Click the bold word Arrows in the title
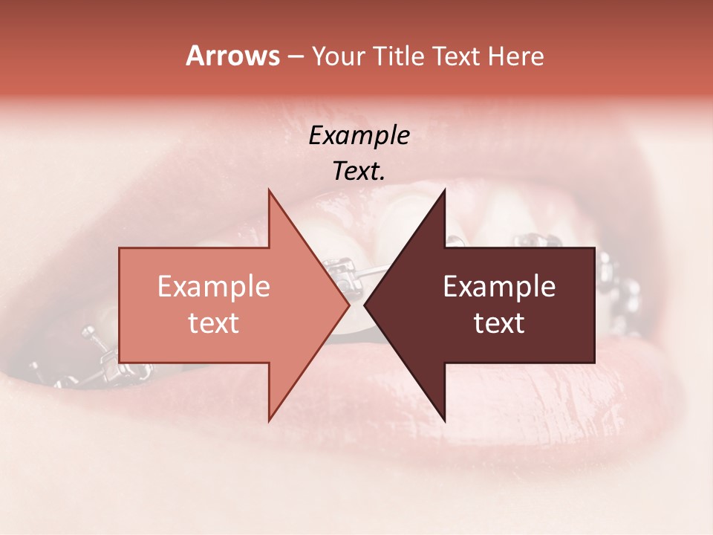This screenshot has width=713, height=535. (232, 56)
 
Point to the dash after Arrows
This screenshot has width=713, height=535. (295, 56)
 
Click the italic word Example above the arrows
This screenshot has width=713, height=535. (359, 136)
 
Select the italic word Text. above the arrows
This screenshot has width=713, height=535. (359, 172)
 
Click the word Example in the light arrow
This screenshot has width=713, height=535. (214, 287)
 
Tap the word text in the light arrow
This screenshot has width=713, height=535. (214, 323)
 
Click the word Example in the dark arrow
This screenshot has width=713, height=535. (499, 287)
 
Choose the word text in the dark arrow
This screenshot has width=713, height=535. (499, 323)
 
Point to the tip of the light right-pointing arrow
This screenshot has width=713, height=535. (348, 305)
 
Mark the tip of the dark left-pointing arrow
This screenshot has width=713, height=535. (365, 305)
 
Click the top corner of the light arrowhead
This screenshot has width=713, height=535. (269, 190)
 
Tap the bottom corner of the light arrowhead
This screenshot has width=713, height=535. (269, 421)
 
